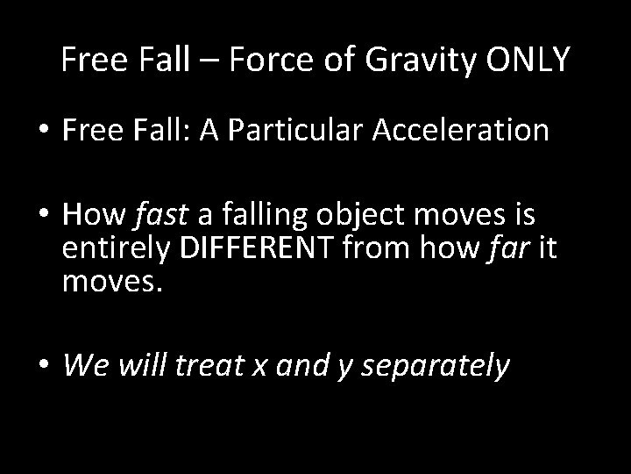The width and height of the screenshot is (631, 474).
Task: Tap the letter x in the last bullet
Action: [259, 365]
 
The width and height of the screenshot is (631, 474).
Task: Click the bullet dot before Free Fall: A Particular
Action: [42, 132]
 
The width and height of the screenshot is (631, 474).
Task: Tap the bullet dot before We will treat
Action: [42, 365]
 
